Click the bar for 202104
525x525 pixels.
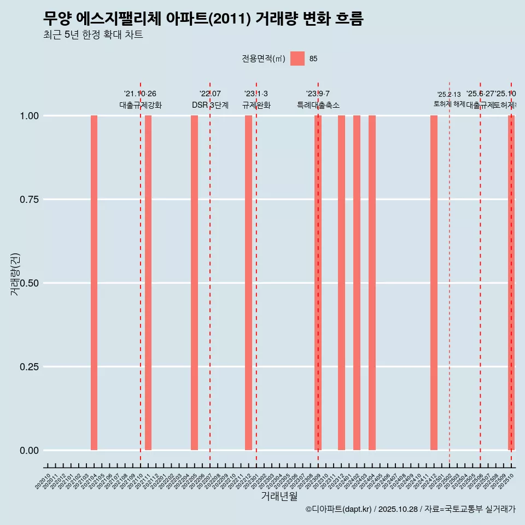click(x=94, y=283)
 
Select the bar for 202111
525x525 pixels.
click(x=148, y=283)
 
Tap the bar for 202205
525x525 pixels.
click(x=194, y=283)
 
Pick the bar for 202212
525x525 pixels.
click(x=248, y=283)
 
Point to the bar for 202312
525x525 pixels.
click(x=341, y=283)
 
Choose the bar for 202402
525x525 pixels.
click(x=357, y=283)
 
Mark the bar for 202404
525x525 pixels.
click(x=372, y=283)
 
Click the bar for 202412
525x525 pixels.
click(x=434, y=283)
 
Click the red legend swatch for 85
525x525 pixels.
click(x=297, y=59)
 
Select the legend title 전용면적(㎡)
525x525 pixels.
click(x=264, y=59)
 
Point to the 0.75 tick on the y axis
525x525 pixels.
click(x=29, y=200)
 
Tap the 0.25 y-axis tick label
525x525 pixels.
click(x=29, y=366)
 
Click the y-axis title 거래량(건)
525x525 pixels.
click(x=15, y=274)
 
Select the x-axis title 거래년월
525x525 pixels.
click(x=279, y=496)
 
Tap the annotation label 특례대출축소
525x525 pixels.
click(x=318, y=105)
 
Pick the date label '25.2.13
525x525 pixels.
click(x=449, y=95)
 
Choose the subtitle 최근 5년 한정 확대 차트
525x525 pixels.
click(x=93, y=35)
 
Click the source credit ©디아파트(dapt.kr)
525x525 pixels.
click(x=339, y=509)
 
